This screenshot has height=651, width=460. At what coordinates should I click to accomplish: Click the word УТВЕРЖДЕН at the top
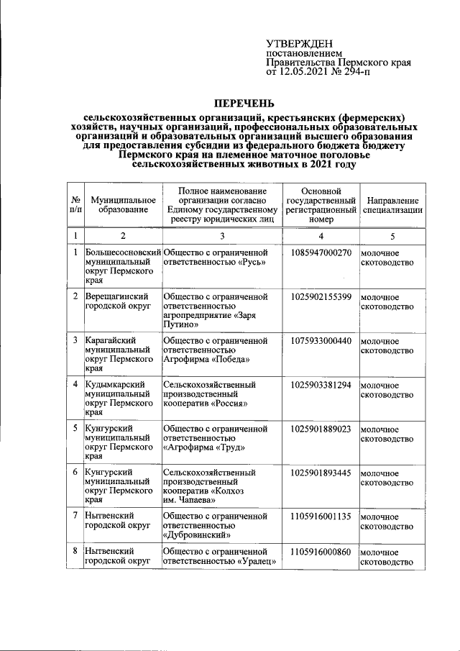coord(300,45)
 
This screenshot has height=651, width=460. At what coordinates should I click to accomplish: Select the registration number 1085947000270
coord(321,252)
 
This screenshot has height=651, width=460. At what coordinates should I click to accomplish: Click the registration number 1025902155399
coord(321,296)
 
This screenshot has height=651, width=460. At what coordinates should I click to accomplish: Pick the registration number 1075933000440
coord(321,340)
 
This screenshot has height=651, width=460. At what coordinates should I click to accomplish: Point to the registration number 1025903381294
coord(321,385)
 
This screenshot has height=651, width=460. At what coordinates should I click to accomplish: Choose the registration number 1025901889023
coord(321,429)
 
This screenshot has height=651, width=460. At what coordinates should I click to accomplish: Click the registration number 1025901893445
coord(321,473)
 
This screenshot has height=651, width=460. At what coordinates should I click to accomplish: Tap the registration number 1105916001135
coord(321,516)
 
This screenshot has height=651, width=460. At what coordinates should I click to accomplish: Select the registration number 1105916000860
coord(321,551)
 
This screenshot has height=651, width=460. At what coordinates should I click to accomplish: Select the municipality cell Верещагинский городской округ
coord(117,301)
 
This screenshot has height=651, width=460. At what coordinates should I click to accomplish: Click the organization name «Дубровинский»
coord(197,535)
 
